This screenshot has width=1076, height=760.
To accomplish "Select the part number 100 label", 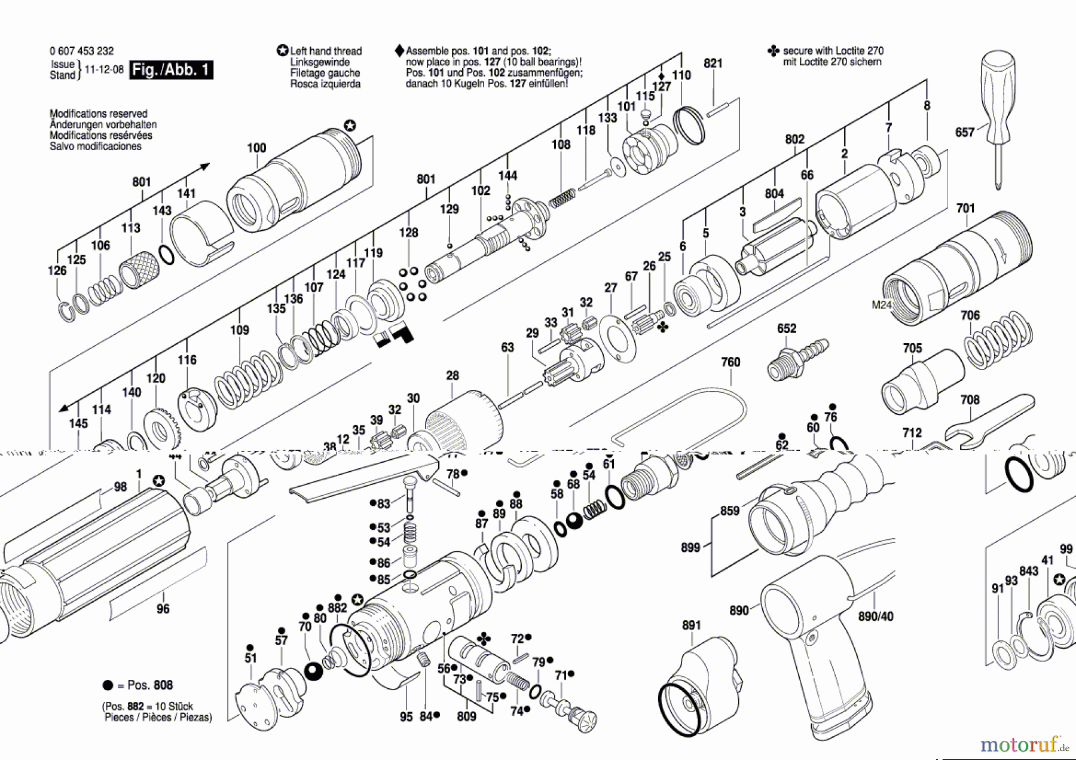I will click(256, 148).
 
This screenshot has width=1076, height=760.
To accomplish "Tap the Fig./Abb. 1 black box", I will click(171, 70).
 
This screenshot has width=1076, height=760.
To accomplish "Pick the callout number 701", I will click(965, 208).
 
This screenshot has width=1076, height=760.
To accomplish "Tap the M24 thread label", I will click(881, 305).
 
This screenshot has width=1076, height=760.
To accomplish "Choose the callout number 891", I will click(691, 625).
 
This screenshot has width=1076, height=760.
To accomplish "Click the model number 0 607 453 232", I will click(81, 51).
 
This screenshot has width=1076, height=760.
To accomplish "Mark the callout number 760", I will click(730, 362).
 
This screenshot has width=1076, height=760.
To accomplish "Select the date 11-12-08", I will click(104, 69).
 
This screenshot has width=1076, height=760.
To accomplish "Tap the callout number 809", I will click(466, 716).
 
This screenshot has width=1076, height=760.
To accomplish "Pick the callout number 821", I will click(713, 63).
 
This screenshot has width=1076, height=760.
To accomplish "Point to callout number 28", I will click(453, 376).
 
